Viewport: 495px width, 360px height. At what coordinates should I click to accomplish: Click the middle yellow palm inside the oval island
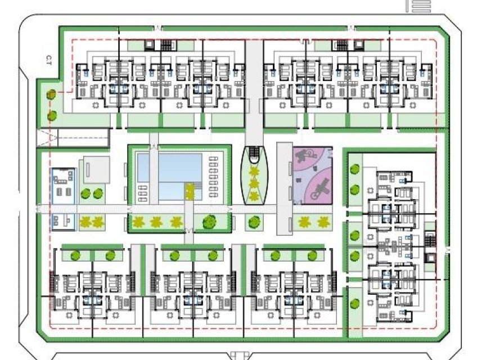click(254, 183)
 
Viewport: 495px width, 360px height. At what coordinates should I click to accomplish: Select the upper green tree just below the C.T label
click(51, 94)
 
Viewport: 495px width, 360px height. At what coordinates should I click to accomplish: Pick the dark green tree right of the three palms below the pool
click(209, 222)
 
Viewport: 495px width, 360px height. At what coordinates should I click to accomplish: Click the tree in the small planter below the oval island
click(254, 223)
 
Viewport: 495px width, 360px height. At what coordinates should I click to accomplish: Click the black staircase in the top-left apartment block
click(166, 46)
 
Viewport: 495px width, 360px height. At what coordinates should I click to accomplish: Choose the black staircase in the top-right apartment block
click(343, 46)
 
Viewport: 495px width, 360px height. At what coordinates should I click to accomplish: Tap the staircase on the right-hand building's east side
click(431, 240)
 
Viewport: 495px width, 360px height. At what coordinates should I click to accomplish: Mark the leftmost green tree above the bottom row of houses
click(75, 255)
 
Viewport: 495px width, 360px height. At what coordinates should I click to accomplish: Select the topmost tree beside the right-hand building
click(354, 168)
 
